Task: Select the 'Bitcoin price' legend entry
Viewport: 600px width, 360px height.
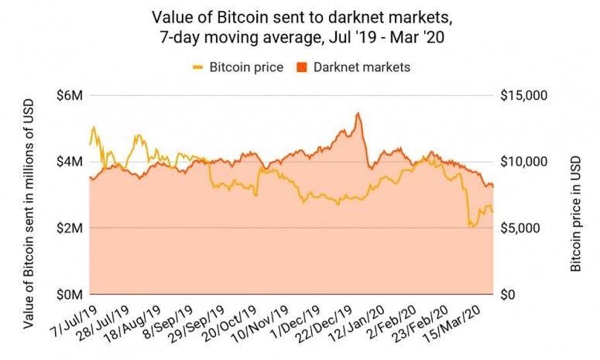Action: coord(242,67)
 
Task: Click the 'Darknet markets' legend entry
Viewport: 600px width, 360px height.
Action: coord(362,67)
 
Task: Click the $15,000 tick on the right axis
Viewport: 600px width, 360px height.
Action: coord(525,96)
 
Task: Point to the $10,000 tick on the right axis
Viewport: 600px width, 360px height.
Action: coord(525,162)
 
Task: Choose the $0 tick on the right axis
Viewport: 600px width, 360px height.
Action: coord(508,295)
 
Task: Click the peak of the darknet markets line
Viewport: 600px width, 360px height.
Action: coord(357,113)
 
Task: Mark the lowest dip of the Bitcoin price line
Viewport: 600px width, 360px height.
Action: coord(471,226)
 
